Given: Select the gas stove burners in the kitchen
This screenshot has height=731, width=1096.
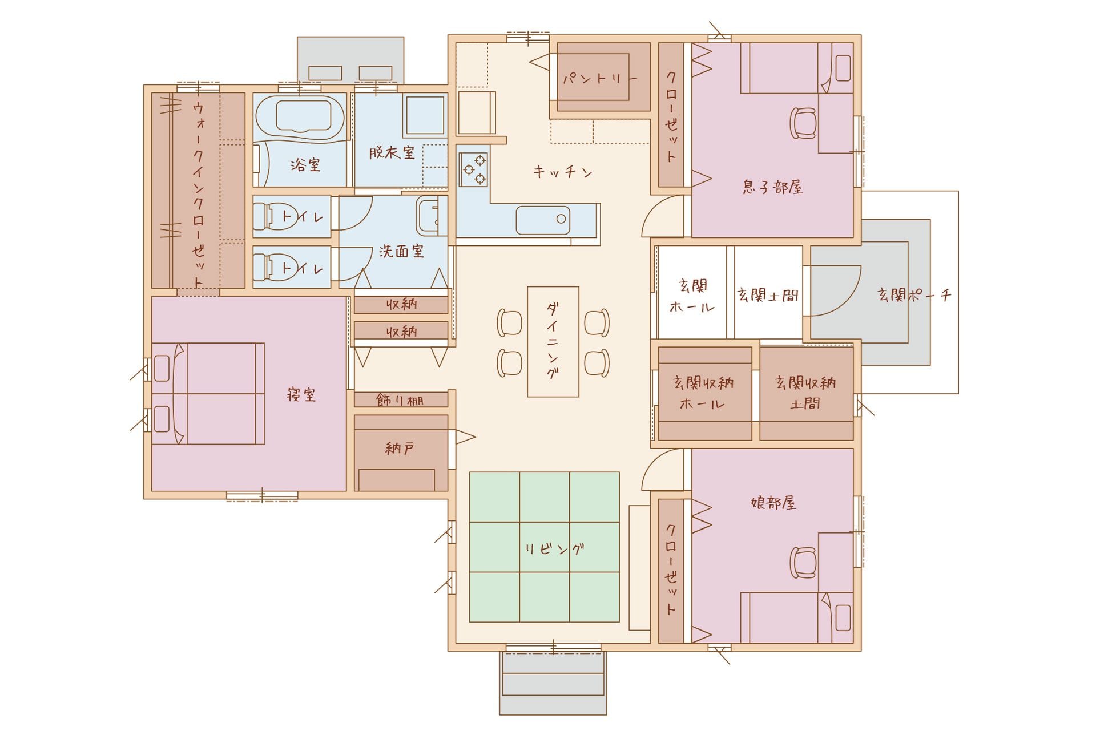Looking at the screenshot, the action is coord(474,169).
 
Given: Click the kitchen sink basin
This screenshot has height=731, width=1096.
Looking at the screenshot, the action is coord(543,220).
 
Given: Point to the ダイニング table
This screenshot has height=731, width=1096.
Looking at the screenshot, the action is coord(553,341).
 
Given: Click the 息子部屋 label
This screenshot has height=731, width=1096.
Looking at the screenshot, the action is coord(773,187).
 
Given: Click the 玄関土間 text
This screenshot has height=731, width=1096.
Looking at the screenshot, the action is coord(768,295).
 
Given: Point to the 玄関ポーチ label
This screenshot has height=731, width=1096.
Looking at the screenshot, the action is coord(914,295).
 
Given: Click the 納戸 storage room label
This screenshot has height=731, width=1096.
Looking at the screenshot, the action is coord(400,449).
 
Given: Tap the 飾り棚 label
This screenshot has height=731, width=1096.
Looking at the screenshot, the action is coord(400,400).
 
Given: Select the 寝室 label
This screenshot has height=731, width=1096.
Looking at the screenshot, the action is coord(301,394).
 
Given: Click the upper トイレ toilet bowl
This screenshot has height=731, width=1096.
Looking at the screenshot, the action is coord(270,216).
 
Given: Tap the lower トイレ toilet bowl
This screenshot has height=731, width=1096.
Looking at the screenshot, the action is coord(270,267).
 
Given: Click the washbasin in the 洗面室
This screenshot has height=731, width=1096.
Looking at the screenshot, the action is coord(431,216).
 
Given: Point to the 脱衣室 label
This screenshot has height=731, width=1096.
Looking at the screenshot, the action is coord(392,152).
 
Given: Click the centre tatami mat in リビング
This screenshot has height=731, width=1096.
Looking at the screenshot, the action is coord(545,547).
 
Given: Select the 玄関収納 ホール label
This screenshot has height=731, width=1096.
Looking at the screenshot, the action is coord(703,393).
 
